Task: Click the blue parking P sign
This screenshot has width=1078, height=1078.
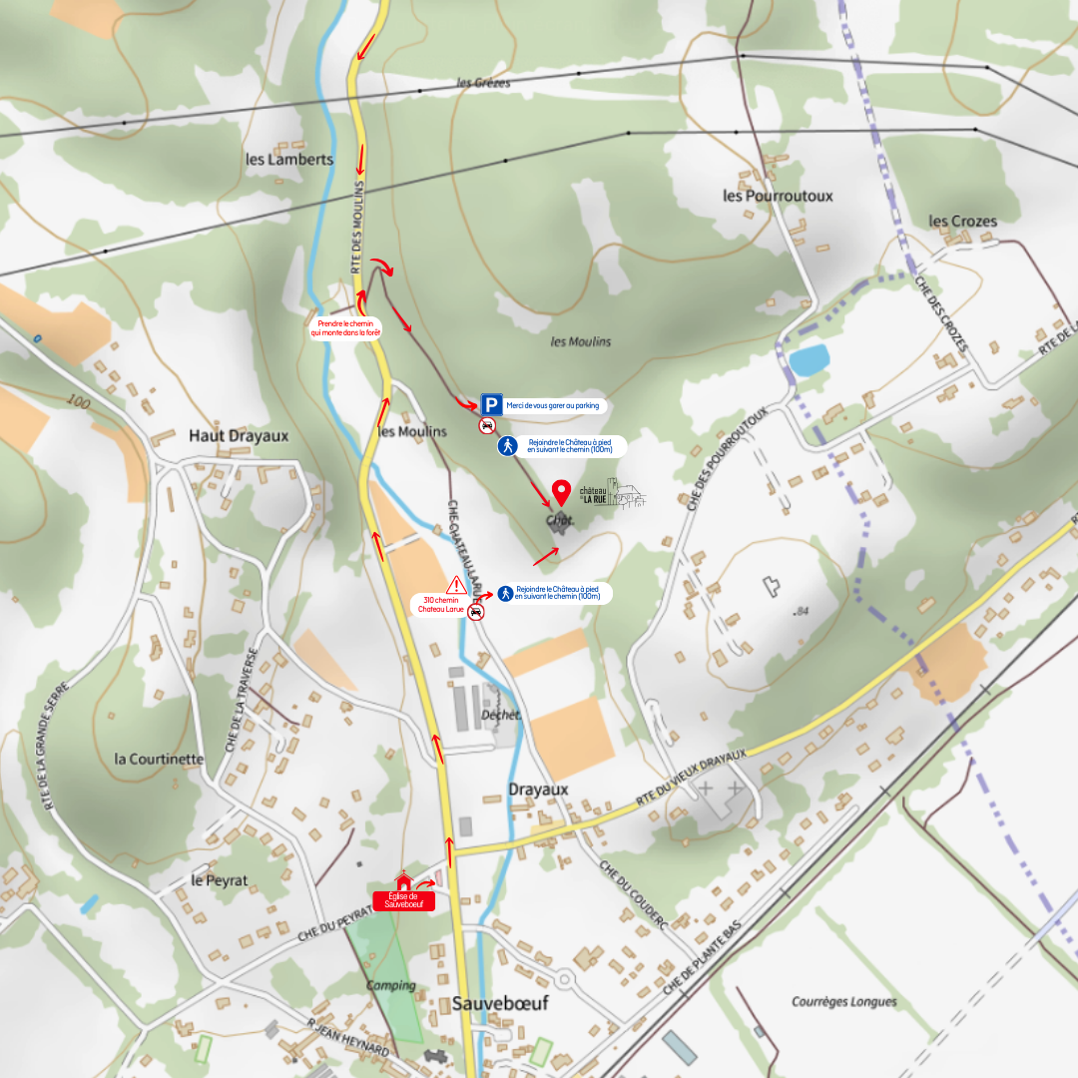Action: (x=491, y=404)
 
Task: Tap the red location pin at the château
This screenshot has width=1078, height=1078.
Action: (x=561, y=493)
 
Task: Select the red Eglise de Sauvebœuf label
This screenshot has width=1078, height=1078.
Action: (x=403, y=899)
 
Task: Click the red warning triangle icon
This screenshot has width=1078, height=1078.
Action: (x=457, y=585)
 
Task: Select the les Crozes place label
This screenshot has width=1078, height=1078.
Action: (x=962, y=221)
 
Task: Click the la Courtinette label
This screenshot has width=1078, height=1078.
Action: (x=159, y=759)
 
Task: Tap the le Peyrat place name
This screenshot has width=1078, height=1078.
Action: (x=220, y=880)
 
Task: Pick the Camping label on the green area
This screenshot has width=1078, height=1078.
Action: (x=390, y=985)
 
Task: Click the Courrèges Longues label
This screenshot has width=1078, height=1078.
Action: (x=844, y=1001)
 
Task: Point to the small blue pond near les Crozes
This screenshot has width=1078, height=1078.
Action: (x=808, y=359)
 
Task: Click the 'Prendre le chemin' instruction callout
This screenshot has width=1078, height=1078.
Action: (x=346, y=328)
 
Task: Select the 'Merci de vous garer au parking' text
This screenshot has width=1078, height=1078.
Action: (x=553, y=405)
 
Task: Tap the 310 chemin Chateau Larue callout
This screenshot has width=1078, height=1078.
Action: (x=438, y=605)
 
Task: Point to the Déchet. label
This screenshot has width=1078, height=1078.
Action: (x=502, y=714)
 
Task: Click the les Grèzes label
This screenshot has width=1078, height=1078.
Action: (x=483, y=83)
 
